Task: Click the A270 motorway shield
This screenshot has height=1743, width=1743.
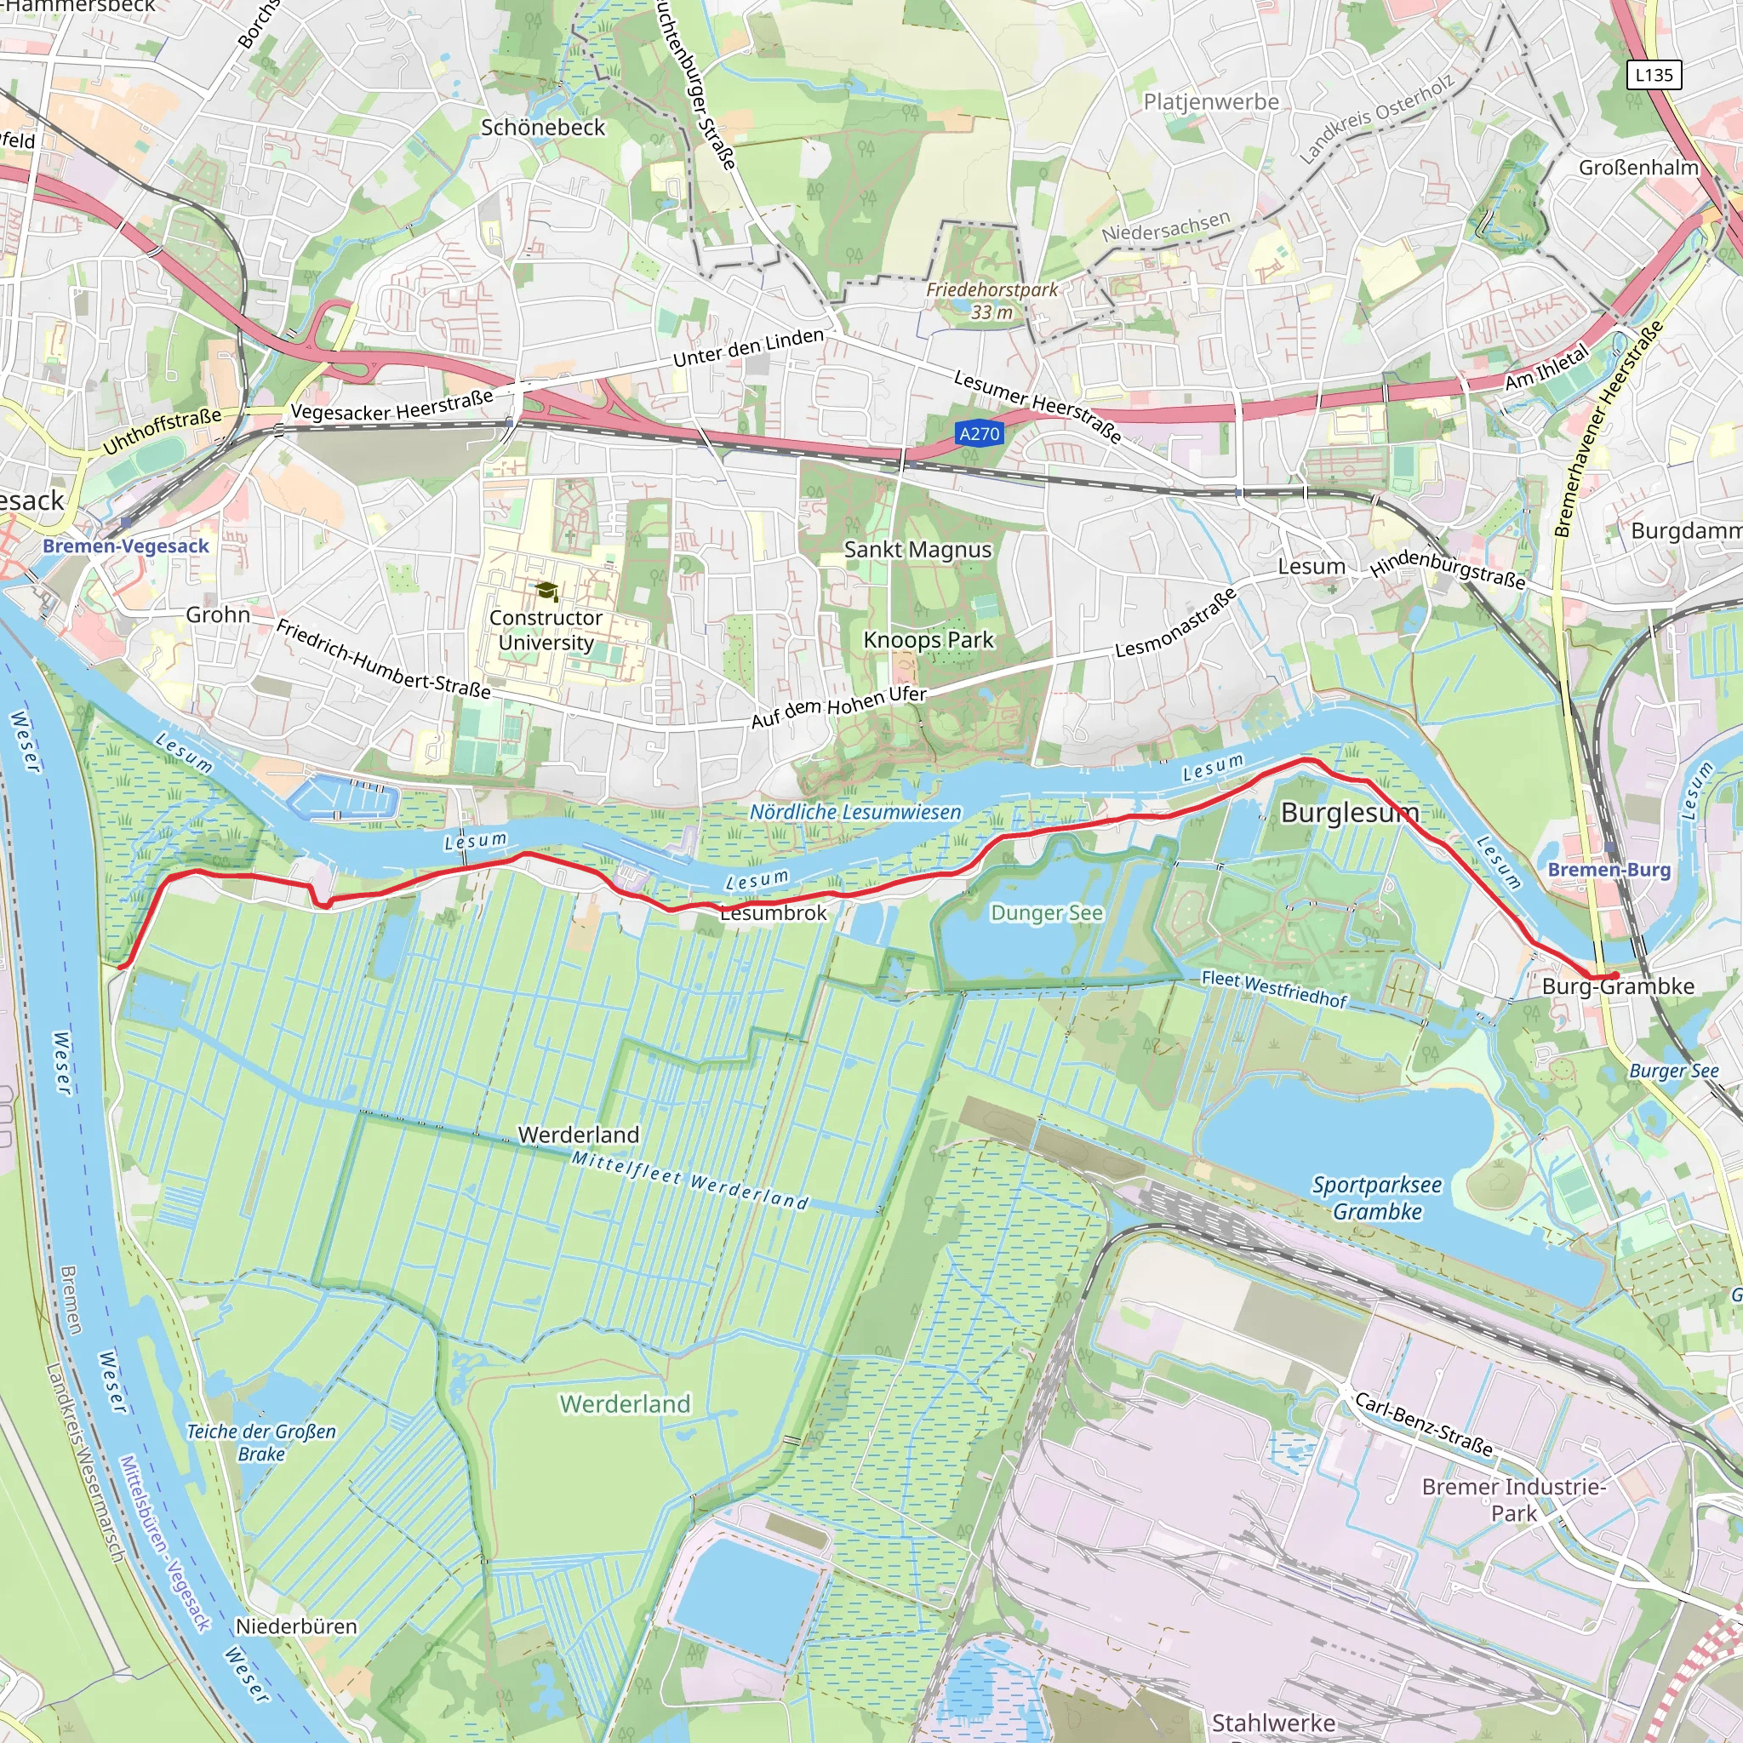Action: click(x=979, y=434)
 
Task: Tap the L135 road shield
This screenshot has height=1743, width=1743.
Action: click(x=1654, y=75)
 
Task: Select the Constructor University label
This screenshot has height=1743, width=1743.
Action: click(x=545, y=630)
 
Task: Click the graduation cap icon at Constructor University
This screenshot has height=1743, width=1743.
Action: click(x=546, y=591)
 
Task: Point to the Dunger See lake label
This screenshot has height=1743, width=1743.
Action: click(x=1047, y=913)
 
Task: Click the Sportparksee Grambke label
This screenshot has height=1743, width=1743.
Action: click(x=1377, y=1198)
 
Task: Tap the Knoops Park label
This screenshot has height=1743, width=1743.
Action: click(x=929, y=640)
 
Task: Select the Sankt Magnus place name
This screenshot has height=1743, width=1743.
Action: click(x=917, y=550)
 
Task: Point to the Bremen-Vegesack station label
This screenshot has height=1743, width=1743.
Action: click(x=125, y=546)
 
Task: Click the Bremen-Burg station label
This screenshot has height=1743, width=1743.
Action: click(x=1609, y=870)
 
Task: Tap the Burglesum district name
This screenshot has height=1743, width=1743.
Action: click(x=1350, y=813)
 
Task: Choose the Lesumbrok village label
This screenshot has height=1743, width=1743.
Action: click(x=773, y=913)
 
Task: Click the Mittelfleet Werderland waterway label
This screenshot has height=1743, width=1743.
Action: click(x=690, y=1180)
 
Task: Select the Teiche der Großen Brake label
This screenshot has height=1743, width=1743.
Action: click(x=260, y=1442)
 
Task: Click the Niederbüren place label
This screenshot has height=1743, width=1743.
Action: click(x=296, y=1626)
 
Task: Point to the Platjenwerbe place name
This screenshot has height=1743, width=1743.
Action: click(x=1211, y=102)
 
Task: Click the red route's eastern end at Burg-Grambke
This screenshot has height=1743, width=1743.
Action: click(x=1614, y=976)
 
